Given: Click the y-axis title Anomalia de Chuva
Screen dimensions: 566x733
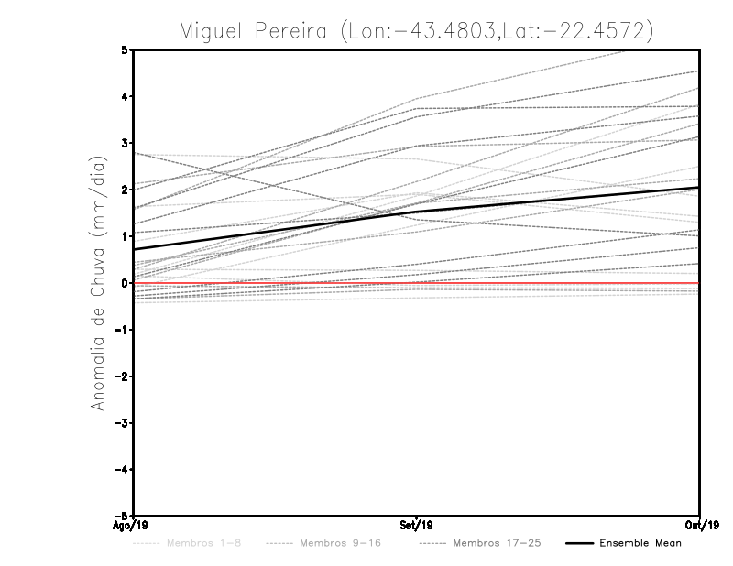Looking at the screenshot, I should [x=96, y=283].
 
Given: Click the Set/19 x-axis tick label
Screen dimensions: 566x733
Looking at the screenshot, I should [x=417, y=525].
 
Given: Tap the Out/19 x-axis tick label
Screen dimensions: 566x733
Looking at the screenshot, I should [x=700, y=525].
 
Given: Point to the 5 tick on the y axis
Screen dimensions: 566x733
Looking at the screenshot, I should [x=125, y=49].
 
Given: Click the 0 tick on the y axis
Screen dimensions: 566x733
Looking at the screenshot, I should [x=125, y=283].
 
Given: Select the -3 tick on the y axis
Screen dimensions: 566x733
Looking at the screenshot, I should [x=121, y=423].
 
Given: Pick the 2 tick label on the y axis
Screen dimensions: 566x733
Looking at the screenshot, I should [x=125, y=190].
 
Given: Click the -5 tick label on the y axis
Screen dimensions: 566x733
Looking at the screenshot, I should [x=121, y=517].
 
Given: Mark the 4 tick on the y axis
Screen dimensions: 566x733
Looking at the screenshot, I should [x=125, y=96].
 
